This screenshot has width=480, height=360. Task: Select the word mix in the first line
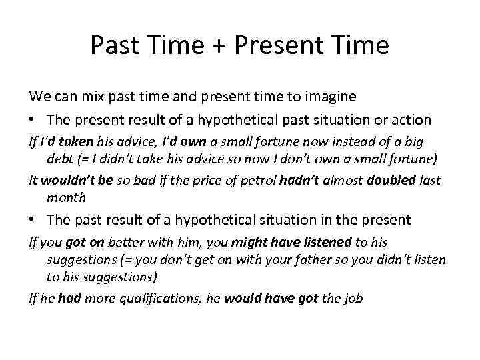pos(92,97)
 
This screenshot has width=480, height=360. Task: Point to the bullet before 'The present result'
pos(33,120)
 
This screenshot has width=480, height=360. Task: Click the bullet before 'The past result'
pos(33,219)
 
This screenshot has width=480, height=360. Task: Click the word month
pos(66,197)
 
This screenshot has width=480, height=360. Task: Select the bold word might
pos(248,242)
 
